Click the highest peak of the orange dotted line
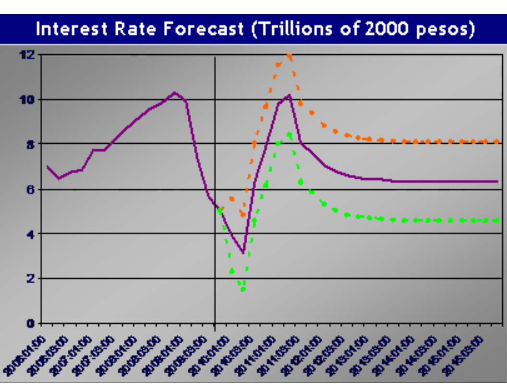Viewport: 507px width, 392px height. point(289,56)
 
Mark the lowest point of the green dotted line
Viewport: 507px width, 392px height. point(243,289)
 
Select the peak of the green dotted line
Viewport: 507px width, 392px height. point(289,135)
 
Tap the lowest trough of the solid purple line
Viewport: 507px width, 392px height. point(244,253)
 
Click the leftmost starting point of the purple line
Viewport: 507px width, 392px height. point(47,166)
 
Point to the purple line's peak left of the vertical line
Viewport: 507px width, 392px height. point(175,92)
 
